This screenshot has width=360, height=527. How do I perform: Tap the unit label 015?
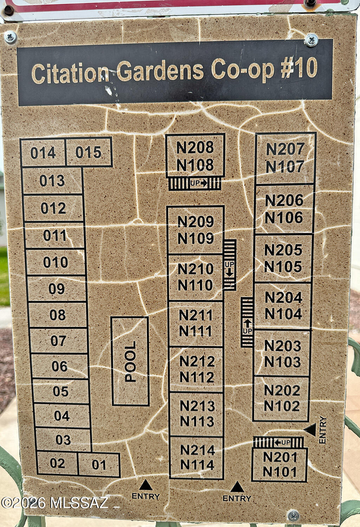pos(88,152)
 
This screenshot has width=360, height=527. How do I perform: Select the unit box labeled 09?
pos(57,288)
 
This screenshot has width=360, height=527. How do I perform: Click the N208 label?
pos(195,147)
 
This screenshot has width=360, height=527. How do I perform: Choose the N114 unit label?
pos(197,465)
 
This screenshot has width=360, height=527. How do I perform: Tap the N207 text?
pos(285,149)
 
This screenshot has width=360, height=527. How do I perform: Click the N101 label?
pos(280,471)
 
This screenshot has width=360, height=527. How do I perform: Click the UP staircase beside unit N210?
pos(229,265)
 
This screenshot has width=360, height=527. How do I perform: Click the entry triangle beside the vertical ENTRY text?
pos(310,430)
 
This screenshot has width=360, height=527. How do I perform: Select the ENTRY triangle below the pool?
pos(146,485)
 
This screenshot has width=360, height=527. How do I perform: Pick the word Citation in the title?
pos(71,73)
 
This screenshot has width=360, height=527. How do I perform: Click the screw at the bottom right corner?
pos(293,515)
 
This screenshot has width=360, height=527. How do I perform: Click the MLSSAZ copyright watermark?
pos(54,503)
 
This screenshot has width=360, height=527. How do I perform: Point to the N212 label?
pos(197,361)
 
